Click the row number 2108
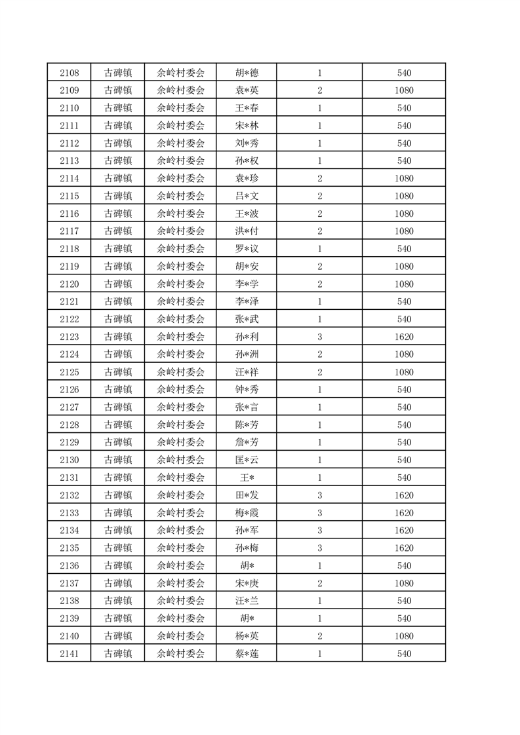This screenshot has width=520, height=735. [69, 73]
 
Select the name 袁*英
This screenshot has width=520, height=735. [247, 90]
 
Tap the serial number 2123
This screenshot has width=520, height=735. [69, 337]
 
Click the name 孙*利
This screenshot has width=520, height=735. [247, 337]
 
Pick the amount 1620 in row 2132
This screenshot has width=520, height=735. [404, 495]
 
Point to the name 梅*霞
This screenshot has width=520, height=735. [247, 513]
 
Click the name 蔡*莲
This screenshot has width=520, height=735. [247, 654]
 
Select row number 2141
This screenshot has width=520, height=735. [69, 654]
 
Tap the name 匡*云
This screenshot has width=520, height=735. [247, 460]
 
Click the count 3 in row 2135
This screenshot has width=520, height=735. [319, 548]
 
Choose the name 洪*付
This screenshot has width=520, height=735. [247, 231]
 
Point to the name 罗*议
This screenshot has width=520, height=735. [247, 249]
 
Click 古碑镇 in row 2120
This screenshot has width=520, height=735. [119, 284]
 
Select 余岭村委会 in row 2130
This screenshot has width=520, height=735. [181, 460]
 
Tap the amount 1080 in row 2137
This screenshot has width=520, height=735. [404, 584]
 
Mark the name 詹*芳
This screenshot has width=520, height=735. [247, 443]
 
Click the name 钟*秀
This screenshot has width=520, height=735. [247, 390]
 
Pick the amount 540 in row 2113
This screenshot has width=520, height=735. [404, 161]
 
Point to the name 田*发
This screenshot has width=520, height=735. [247, 495]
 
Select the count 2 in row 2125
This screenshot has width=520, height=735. [319, 372]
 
